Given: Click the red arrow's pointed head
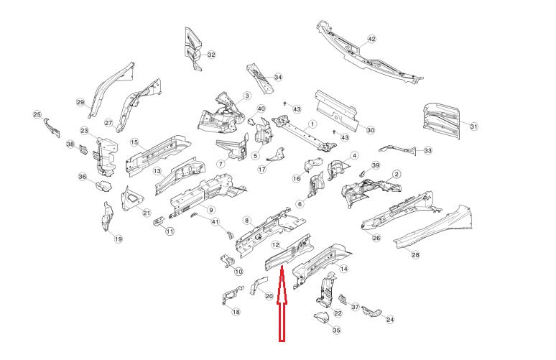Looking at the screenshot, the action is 282,267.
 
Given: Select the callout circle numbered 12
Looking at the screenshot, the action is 276,244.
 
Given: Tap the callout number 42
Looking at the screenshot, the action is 371,39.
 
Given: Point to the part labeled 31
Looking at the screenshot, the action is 442,120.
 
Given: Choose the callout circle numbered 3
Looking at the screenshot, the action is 247,96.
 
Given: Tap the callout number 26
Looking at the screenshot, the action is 376,238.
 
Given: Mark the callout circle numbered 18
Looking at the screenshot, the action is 236,312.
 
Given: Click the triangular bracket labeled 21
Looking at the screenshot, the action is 131,199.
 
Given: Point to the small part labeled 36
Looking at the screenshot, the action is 103,186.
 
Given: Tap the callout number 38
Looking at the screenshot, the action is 70,144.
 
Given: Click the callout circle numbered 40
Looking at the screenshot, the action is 261,109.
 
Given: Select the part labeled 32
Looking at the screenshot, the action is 193,49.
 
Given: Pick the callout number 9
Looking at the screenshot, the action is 211,210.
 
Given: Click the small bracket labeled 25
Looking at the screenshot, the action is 52,128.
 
